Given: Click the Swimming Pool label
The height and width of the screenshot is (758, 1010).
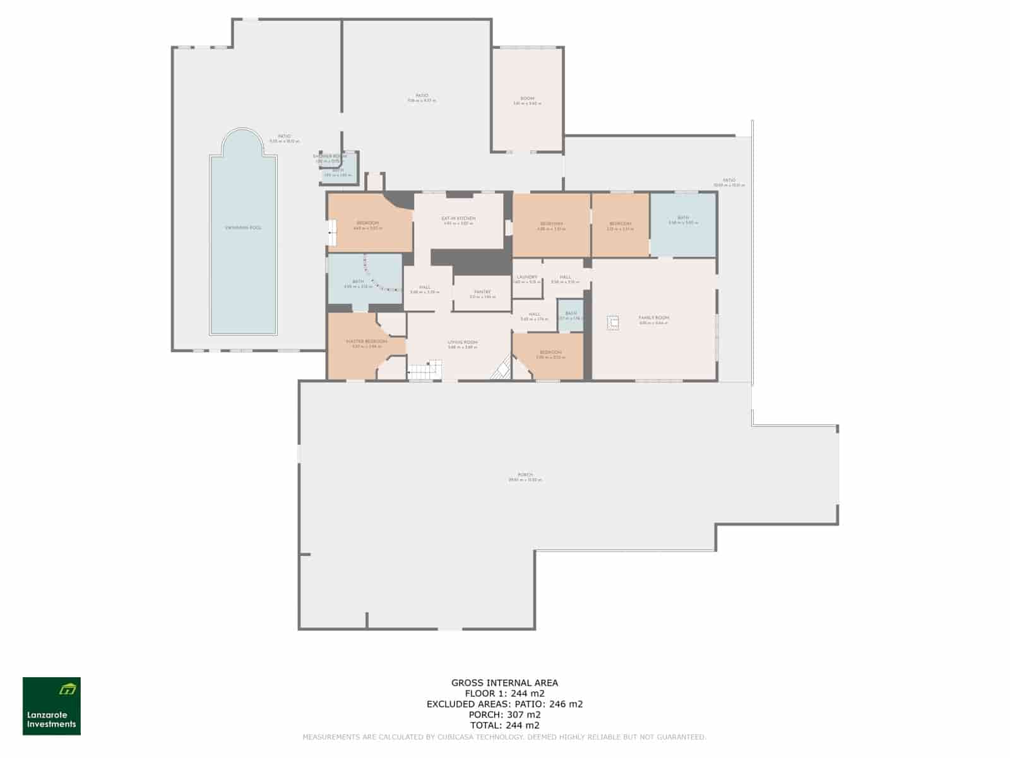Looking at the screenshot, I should click(x=243, y=227).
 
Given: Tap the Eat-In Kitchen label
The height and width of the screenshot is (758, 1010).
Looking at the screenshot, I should click(x=458, y=219).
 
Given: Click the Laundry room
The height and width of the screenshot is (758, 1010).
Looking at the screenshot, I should click(x=527, y=278).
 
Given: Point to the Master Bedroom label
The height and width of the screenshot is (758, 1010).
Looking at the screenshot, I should click(x=366, y=342).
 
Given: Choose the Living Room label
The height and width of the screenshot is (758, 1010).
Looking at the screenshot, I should click(x=463, y=342).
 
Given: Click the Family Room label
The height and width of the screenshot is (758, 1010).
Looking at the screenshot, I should click(x=653, y=318).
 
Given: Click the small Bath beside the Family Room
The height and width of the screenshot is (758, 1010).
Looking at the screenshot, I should click(x=570, y=315).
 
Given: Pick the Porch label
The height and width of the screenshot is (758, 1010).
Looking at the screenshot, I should click(x=525, y=475).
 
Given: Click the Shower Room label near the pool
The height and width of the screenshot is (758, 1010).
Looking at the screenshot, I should click(x=330, y=157).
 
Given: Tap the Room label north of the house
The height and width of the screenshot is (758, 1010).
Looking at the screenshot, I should click(x=527, y=99).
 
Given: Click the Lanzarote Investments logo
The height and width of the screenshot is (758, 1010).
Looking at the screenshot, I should click(x=52, y=706).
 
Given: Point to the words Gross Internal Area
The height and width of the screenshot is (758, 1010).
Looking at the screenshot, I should click(x=504, y=682).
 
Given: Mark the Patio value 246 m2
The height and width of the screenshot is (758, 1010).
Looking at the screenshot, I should click(x=566, y=704).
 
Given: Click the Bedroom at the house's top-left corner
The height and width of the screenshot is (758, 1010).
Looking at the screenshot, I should click(x=368, y=224).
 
